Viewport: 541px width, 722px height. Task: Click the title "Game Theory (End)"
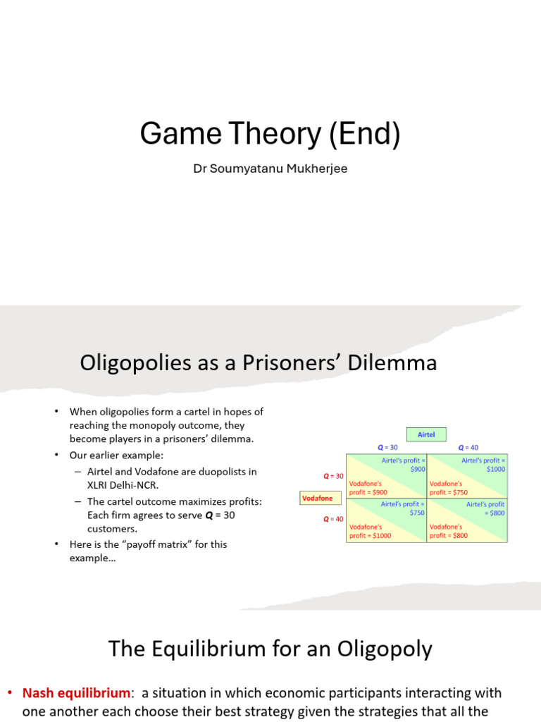(x=270, y=134)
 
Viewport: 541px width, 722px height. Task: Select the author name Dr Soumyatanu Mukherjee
(x=270, y=170)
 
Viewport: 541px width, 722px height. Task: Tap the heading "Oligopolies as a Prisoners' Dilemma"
(x=259, y=363)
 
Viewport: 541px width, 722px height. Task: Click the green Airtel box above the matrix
(x=426, y=435)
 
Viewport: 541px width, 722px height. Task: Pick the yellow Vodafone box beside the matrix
(x=317, y=498)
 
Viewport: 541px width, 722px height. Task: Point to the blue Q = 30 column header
(x=387, y=448)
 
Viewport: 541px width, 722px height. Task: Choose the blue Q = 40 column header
(x=468, y=448)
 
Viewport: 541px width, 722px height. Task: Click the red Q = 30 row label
(x=333, y=476)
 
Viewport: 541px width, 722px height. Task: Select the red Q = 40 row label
(x=333, y=519)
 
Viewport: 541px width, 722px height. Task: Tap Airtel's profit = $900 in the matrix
(x=404, y=465)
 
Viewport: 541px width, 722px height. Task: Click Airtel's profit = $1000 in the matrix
(x=483, y=465)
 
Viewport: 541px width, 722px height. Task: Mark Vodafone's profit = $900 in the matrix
(x=368, y=488)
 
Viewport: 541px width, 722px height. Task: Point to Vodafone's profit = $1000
(x=371, y=531)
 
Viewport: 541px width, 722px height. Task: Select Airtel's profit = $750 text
(x=403, y=508)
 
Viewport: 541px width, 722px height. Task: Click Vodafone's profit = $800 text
(x=449, y=531)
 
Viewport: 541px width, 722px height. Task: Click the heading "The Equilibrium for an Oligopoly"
(x=270, y=649)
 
